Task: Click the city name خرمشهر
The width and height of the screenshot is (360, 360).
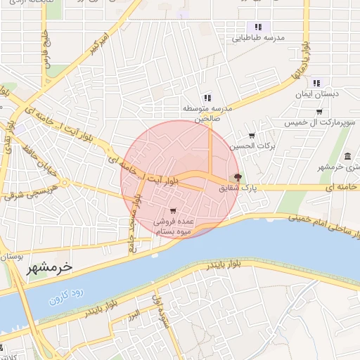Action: (49, 267)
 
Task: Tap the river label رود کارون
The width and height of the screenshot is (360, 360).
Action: (67, 295)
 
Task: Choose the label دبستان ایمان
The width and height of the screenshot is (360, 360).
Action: (316, 93)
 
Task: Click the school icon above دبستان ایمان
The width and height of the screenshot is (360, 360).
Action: (316, 82)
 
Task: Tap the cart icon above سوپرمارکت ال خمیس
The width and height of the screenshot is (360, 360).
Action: (319, 111)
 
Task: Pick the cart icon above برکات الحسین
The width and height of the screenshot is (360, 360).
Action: (252, 136)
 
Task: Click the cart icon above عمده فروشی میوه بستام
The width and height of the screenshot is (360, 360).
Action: (173, 211)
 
